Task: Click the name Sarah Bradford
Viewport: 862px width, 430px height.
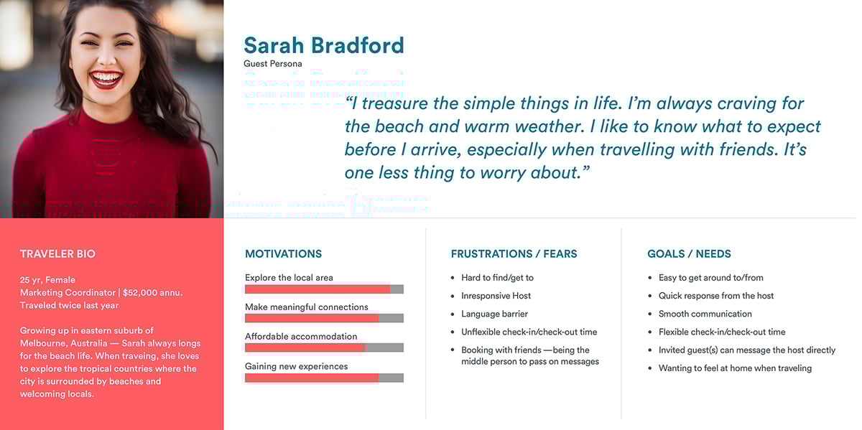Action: [x=323, y=45]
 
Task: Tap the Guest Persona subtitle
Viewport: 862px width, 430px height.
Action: [x=272, y=64]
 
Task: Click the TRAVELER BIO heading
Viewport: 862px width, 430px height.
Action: [x=57, y=254]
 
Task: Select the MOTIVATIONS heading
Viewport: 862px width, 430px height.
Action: [x=283, y=254]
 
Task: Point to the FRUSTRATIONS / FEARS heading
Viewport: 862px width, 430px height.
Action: [x=514, y=254]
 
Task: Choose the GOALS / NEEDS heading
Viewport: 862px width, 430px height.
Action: [x=689, y=254]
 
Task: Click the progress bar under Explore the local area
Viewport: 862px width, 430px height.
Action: [x=324, y=289]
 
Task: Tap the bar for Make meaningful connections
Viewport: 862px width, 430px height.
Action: [x=324, y=318]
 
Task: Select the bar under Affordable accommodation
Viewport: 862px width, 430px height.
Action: [x=324, y=347]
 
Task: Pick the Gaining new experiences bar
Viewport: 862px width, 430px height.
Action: [x=324, y=378]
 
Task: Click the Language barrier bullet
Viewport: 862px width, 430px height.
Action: [x=494, y=314]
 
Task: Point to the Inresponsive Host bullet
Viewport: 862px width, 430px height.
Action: [x=496, y=296]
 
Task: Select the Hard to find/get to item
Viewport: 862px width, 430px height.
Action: [x=497, y=278]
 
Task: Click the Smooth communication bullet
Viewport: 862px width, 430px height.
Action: [x=705, y=314]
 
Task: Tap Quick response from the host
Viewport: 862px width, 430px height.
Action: [x=715, y=296]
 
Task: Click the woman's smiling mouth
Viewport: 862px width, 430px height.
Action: [x=106, y=78]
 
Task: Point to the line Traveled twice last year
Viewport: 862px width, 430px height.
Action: [x=69, y=306]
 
